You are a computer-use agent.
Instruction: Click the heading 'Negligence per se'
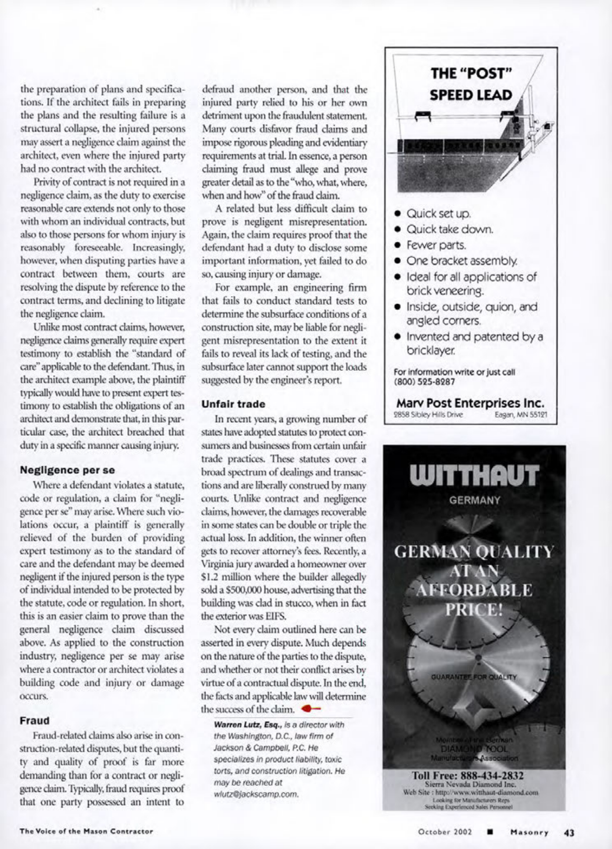pyautogui.click(x=67, y=470)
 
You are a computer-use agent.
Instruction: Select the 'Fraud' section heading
pyautogui.click(x=35, y=721)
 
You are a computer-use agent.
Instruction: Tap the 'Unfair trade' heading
pyautogui.click(x=233, y=404)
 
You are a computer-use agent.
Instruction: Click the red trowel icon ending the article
pyautogui.click(x=311, y=709)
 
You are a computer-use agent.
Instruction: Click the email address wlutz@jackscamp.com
pyautogui.click(x=256, y=794)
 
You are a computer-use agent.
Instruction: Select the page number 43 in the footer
pyautogui.click(x=569, y=832)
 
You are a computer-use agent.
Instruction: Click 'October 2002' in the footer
pyautogui.click(x=445, y=832)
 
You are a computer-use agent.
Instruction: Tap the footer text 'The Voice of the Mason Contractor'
pyautogui.click(x=86, y=831)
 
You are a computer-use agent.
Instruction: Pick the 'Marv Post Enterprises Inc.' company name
pyautogui.click(x=470, y=403)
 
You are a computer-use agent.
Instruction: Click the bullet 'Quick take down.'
pyautogui.click(x=450, y=229)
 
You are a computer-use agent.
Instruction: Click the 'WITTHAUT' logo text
pyautogui.click(x=474, y=476)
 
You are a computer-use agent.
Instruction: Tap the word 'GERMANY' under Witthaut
pyautogui.click(x=474, y=500)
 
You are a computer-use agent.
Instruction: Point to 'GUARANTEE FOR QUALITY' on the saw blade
pyautogui.click(x=474, y=677)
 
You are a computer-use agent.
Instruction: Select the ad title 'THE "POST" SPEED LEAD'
pyautogui.click(x=471, y=84)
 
